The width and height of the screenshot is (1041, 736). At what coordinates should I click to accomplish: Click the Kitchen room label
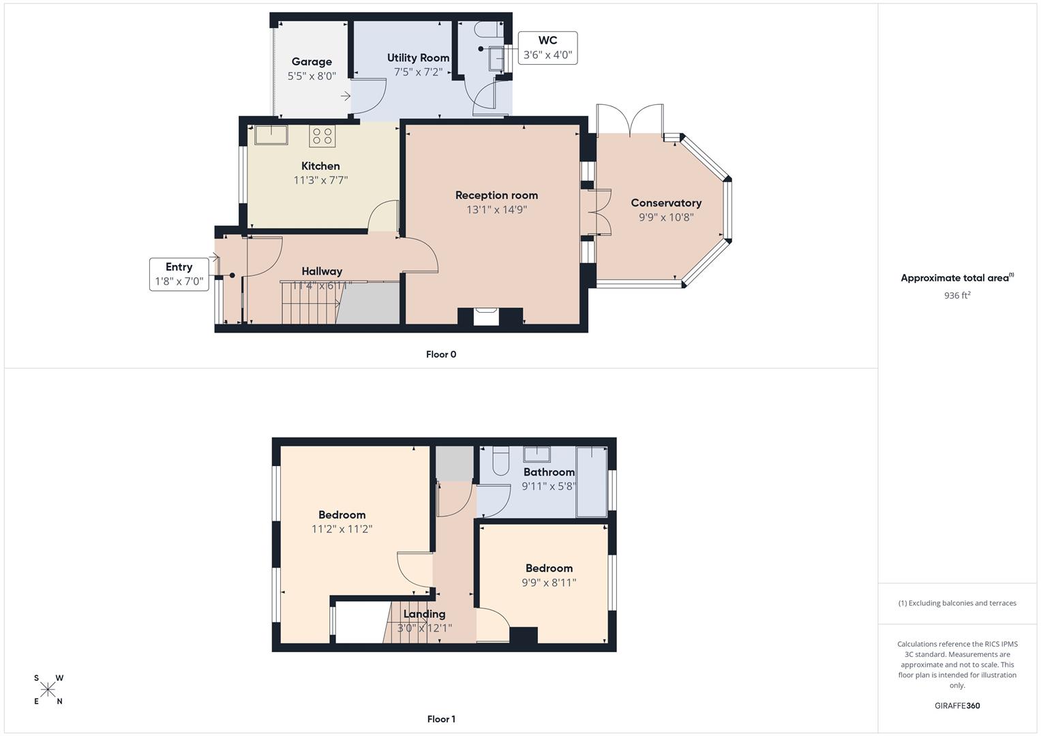pyautogui.click(x=320, y=166)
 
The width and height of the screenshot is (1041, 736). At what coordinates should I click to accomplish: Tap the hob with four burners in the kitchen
pyautogui.click(x=322, y=136)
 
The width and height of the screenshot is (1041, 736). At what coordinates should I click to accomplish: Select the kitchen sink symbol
pyautogui.click(x=271, y=135)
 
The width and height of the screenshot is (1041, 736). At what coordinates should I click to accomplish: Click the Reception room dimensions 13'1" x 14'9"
pyautogui.click(x=496, y=210)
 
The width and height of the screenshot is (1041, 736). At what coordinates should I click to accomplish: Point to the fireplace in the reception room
pyautogui.click(x=486, y=316)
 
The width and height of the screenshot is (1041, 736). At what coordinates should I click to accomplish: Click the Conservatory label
pyautogui.click(x=665, y=203)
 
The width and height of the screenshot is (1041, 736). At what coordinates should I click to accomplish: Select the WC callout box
pyautogui.click(x=547, y=48)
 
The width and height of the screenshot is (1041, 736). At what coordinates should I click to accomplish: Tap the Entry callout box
pyautogui.click(x=179, y=274)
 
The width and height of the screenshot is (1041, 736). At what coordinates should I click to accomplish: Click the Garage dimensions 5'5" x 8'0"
pyautogui.click(x=312, y=76)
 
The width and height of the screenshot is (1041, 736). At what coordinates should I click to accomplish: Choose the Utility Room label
pyautogui.click(x=418, y=58)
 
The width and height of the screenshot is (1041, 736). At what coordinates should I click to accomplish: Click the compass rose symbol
pyautogui.click(x=48, y=690)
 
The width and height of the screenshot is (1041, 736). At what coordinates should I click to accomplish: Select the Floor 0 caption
pyautogui.click(x=440, y=354)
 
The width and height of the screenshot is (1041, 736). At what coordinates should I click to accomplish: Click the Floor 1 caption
pyautogui.click(x=440, y=719)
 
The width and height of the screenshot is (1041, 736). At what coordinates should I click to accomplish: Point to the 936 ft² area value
pyautogui.click(x=957, y=296)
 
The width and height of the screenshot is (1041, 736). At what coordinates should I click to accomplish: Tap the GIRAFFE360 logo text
pyautogui.click(x=957, y=705)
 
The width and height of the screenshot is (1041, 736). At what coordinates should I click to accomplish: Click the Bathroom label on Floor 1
pyautogui.click(x=549, y=472)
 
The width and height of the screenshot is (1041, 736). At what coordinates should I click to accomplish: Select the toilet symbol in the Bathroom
pyautogui.click(x=500, y=461)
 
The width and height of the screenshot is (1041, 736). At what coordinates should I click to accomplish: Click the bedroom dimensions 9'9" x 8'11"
pyautogui.click(x=549, y=583)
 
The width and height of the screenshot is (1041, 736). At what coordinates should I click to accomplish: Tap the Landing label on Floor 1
pyautogui.click(x=424, y=614)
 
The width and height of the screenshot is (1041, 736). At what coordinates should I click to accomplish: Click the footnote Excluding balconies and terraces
pyautogui.click(x=957, y=603)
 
